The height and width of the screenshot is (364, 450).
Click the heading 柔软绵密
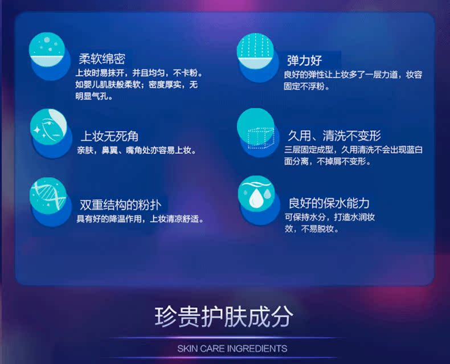tap(102, 59)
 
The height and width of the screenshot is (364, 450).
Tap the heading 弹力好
tap(305, 60)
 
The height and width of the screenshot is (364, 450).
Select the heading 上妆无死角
tap(109, 136)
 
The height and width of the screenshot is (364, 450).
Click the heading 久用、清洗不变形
tap(334, 136)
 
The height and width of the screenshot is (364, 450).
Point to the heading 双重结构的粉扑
tap(121, 205)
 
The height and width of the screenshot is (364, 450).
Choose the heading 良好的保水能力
tap(329, 203)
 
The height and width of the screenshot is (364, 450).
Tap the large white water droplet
tap(255, 197)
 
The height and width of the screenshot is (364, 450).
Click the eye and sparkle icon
tap(48, 127)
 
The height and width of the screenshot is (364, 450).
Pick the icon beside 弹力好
tap(255, 51)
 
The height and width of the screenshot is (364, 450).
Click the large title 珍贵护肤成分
tap(224, 317)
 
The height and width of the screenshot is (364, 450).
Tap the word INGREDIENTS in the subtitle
tap(257, 349)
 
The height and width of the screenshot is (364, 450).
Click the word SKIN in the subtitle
tap(187, 349)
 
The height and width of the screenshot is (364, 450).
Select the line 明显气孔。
tap(94, 96)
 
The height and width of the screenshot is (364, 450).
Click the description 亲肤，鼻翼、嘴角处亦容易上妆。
tap(137, 150)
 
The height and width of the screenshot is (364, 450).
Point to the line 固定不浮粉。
tap(307, 86)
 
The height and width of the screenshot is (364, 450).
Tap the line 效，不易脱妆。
tap(312, 229)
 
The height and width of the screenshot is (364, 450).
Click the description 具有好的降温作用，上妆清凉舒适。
tap(141, 219)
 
